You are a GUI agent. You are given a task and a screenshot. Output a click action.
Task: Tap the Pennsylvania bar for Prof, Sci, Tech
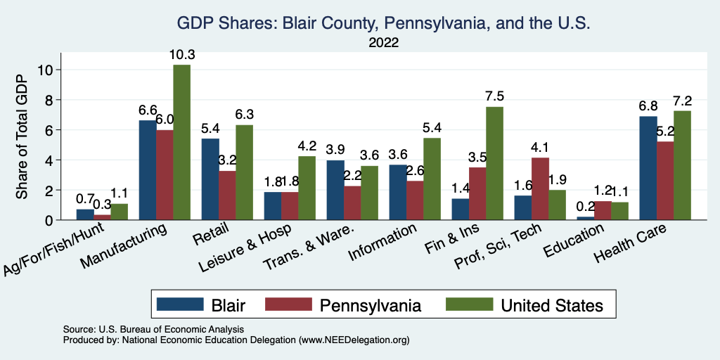point(540,188)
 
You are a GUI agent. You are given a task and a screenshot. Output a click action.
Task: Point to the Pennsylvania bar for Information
point(415,200)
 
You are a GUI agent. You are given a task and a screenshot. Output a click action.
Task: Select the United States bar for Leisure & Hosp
point(307,188)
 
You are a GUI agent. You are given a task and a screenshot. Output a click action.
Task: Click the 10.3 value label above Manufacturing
point(181,55)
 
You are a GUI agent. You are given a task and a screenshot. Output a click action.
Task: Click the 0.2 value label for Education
point(585,207)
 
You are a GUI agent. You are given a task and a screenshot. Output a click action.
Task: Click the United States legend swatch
point(468,304)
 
